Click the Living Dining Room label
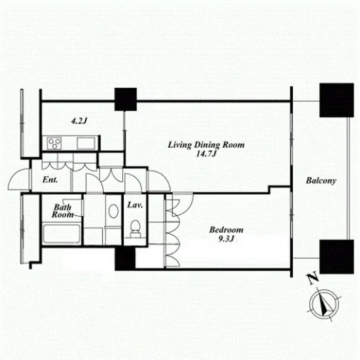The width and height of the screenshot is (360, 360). (x=206, y=145)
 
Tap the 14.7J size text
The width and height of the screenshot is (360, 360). (x=206, y=154)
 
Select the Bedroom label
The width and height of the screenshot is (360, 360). (x=226, y=230)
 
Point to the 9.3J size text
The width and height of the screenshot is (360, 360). (x=226, y=239)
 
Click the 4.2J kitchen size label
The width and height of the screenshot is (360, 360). (x=79, y=121)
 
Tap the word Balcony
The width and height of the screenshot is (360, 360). (x=321, y=181)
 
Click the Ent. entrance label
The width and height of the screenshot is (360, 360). (x=50, y=180)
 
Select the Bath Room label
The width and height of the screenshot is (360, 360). (x=62, y=211)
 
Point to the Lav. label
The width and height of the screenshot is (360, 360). (x=135, y=205)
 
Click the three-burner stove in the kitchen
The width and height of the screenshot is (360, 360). (x=54, y=143)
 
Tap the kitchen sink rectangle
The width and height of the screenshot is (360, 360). (x=86, y=143)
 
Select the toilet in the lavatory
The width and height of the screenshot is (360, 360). (x=135, y=229)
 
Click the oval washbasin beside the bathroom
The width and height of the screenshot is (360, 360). (x=114, y=211)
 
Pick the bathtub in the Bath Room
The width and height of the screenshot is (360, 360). (x=61, y=234)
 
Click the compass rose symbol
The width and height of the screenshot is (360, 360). (x=324, y=304)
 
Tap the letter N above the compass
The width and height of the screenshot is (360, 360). (x=313, y=278)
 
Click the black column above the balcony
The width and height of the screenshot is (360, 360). (x=337, y=100)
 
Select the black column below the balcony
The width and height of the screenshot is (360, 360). (x=337, y=257)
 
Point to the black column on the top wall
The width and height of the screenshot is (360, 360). (x=126, y=99)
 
